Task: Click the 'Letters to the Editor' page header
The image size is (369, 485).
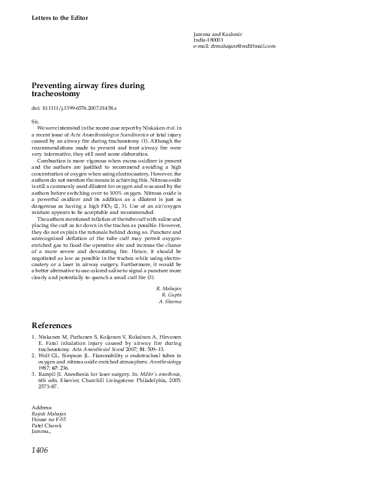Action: pos(60,18)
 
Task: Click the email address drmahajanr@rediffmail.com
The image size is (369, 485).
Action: pos(234,46)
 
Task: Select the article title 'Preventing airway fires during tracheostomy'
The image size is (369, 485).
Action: pos(89,89)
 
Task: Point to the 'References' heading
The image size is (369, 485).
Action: pos(51,326)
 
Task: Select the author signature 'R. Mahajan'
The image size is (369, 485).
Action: pos(169,289)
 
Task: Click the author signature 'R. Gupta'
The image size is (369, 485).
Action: pos(171,295)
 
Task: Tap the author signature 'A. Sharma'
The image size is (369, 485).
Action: pos(170,301)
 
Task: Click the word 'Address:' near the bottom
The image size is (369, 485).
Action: pos(42,407)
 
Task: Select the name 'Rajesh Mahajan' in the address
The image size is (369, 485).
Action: pos(49,413)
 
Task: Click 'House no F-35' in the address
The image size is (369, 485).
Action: pos(48,419)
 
